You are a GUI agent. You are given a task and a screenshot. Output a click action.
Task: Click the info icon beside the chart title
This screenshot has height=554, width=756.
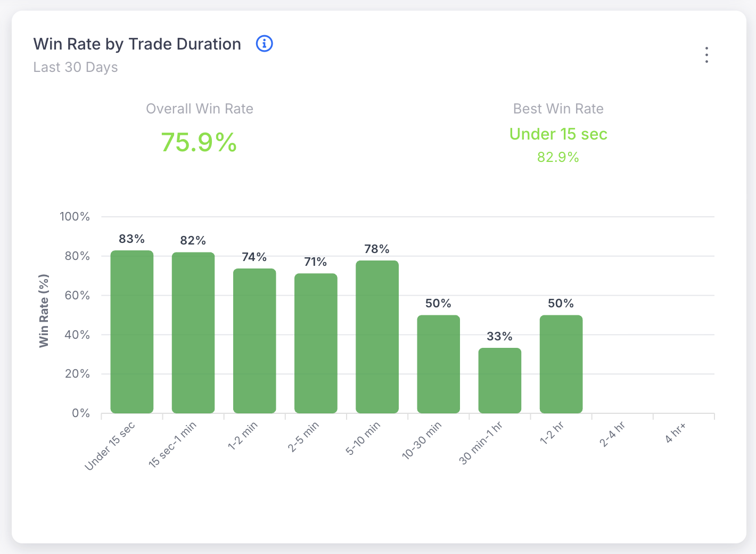[265, 44]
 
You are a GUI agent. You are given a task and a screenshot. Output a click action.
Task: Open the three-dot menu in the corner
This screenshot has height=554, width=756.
[706, 55]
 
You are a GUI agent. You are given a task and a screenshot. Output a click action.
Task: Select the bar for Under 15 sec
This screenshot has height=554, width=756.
[132, 332]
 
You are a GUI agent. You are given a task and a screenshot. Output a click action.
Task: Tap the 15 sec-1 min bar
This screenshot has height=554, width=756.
[193, 333]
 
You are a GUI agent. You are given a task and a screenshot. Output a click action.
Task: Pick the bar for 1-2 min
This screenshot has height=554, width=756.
[254, 341]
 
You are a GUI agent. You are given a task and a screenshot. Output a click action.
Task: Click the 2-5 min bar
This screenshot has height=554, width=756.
[316, 344]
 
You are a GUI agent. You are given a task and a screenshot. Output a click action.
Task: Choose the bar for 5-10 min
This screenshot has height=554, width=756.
[377, 337]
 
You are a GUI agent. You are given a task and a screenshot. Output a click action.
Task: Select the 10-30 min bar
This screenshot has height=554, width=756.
[438, 364]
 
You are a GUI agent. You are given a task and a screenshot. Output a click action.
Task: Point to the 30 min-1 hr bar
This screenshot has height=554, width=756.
[499, 380]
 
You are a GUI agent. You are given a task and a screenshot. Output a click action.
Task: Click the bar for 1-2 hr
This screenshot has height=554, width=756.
[561, 364]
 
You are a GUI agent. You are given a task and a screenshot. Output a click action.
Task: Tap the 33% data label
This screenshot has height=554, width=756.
[499, 336]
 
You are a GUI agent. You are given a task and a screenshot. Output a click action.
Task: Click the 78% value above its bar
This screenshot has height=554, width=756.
[377, 249]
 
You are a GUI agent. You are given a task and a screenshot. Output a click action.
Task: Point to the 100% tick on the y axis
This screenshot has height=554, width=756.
[75, 216]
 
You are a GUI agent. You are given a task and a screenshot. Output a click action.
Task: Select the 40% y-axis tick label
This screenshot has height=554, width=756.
[77, 335]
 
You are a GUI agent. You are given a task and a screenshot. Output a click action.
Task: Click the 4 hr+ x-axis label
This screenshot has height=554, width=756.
[676, 433]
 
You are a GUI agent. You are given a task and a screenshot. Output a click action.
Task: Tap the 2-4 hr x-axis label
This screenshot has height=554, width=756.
[612, 434]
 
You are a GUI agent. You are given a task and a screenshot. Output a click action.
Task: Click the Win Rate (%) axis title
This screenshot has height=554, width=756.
[44, 311]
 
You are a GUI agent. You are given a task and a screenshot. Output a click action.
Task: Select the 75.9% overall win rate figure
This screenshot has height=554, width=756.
[199, 142]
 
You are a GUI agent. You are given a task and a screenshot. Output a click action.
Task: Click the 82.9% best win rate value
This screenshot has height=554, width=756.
[558, 157]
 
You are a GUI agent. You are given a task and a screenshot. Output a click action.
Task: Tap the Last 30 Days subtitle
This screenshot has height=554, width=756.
[76, 67]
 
